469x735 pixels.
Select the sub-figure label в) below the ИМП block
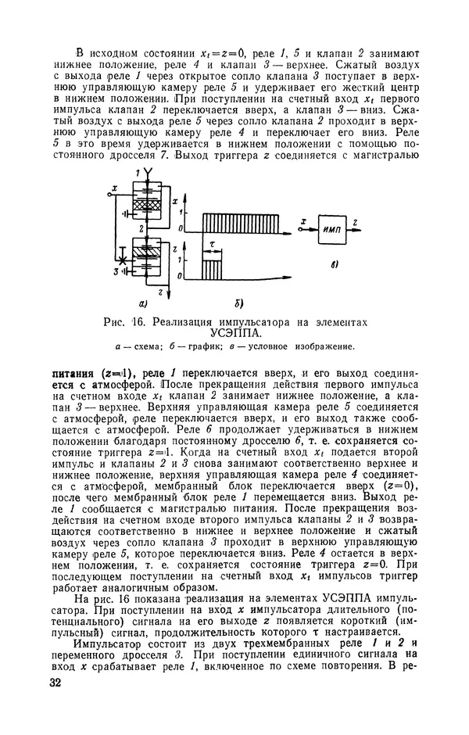point(334,266)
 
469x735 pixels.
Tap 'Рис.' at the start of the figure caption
point(119,321)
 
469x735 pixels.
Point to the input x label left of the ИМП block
point(302,221)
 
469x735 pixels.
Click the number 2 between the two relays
point(141,230)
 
